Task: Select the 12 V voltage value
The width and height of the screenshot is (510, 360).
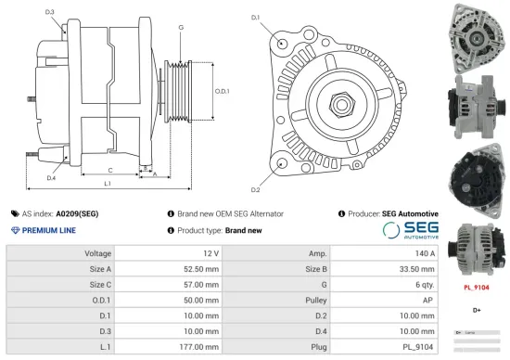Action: click(x=210, y=253)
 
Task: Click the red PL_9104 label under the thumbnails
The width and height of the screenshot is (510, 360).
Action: click(x=476, y=288)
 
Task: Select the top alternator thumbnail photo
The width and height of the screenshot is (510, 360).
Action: click(x=476, y=35)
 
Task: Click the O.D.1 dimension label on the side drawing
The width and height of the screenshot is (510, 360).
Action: click(x=222, y=91)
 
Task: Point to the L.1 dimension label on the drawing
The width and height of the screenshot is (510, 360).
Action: click(x=108, y=185)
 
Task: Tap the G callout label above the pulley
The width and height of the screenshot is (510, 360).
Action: click(x=181, y=28)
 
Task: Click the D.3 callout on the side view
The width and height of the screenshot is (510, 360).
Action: click(x=50, y=12)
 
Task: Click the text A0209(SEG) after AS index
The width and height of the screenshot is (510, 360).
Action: click(x=77, y=213)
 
